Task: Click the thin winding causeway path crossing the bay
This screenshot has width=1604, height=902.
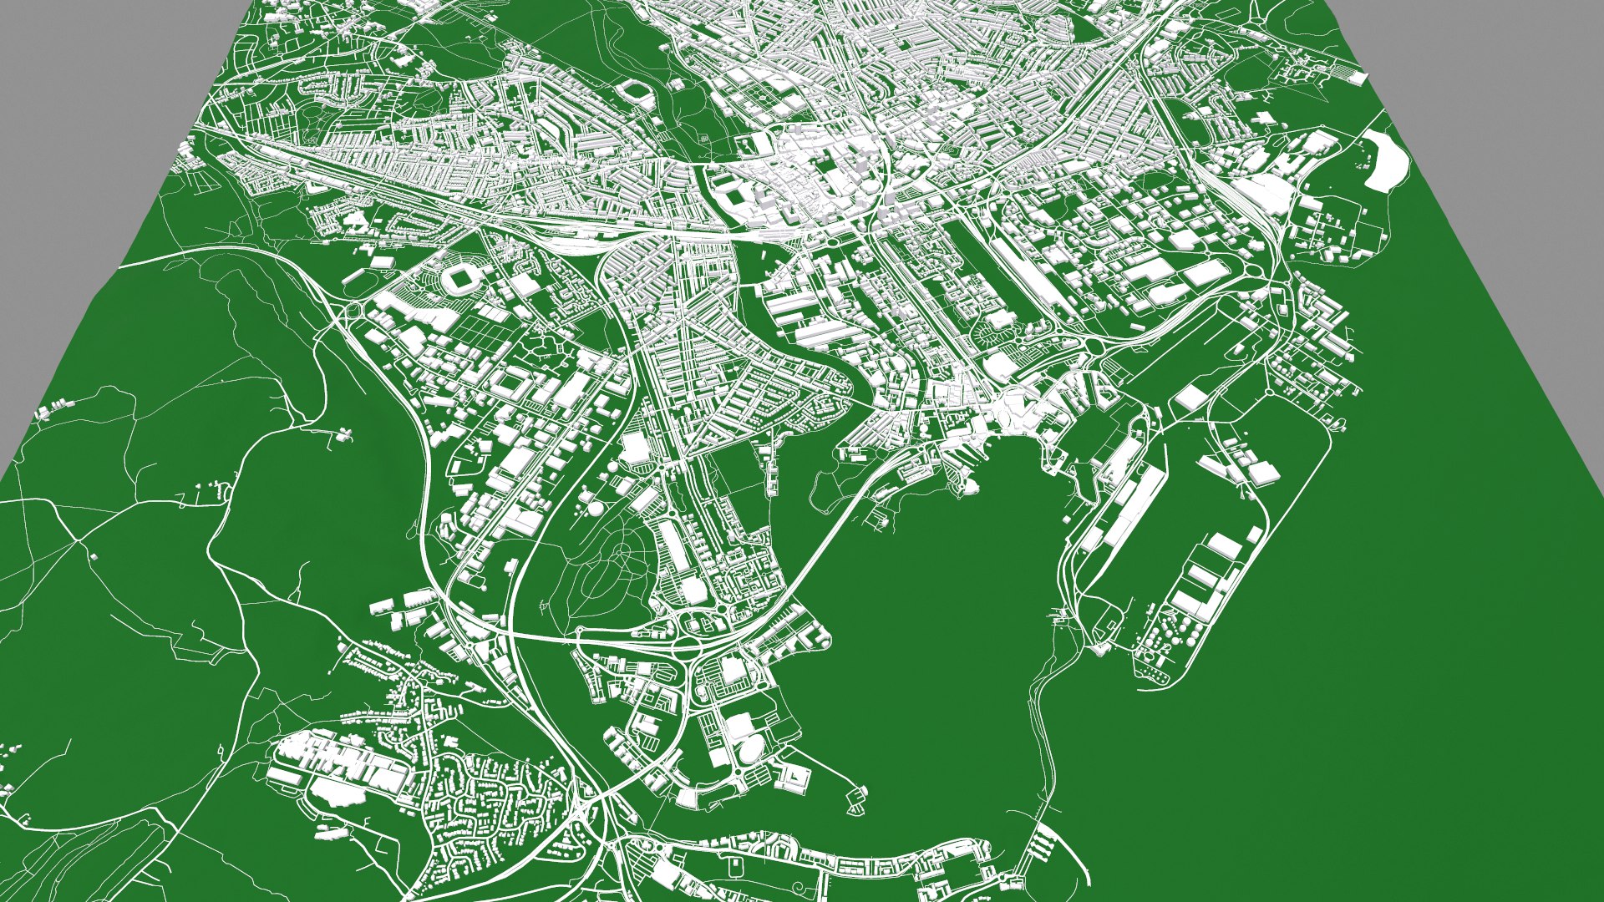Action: click(x=1040, y=727)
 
